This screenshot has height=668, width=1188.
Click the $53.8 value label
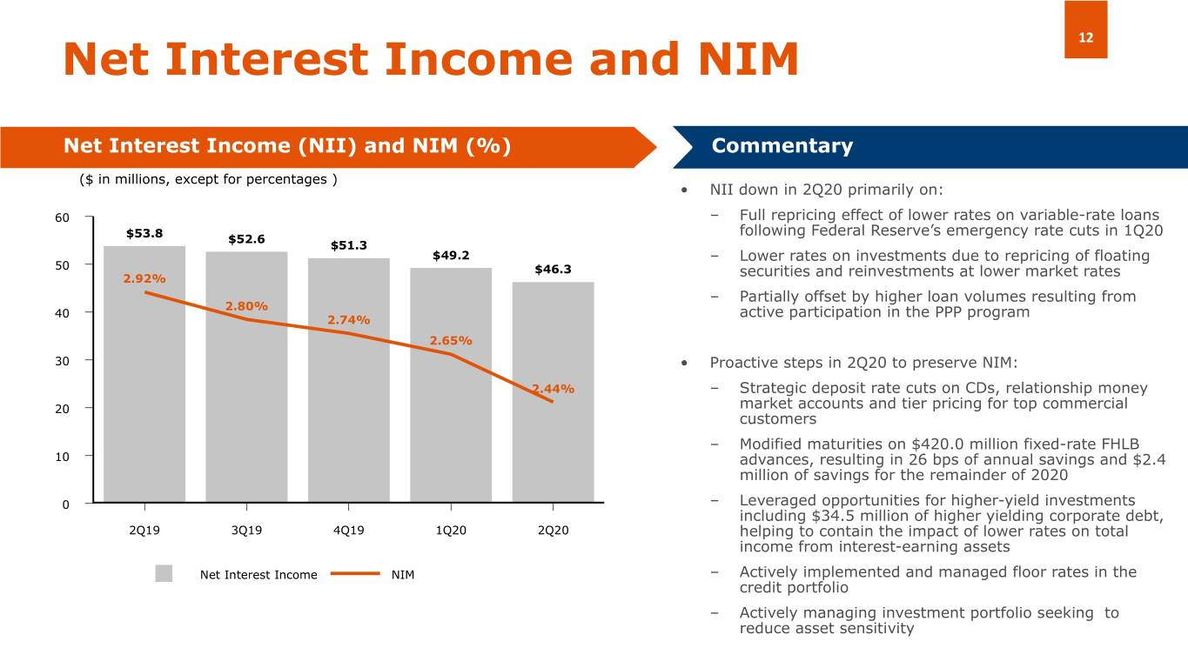pos(144,233)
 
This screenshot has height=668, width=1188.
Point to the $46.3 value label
pos(554,269)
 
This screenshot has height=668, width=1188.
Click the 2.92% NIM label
pos(144,278)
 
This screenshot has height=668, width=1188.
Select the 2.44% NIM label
pos(554,388)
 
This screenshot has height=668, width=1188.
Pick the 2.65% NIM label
pos(451,340)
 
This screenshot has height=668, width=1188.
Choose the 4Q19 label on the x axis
pos(348,531)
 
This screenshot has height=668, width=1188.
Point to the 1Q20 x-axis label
pos(451,531)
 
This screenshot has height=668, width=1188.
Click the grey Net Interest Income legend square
pos(164,573)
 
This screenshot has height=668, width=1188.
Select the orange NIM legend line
pos(348,573)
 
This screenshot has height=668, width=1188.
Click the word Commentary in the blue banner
pos(782,146)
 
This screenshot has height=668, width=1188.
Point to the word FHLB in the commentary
pos(1118,444)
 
